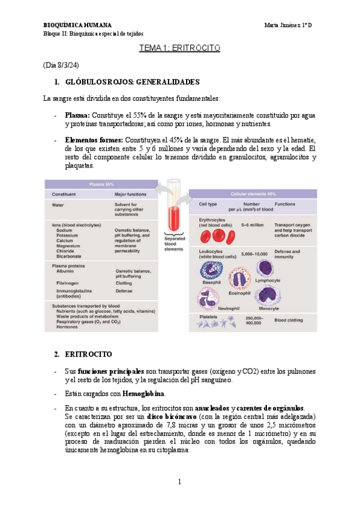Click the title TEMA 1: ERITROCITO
[180, 48]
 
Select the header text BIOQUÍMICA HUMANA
[78, 25]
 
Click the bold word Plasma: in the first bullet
[77, 115]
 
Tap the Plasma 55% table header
[101, 184]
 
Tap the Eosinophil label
[239, 294]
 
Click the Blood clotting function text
[289, 321]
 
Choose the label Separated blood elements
[174, 244]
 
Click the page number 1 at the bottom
[179, 482]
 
